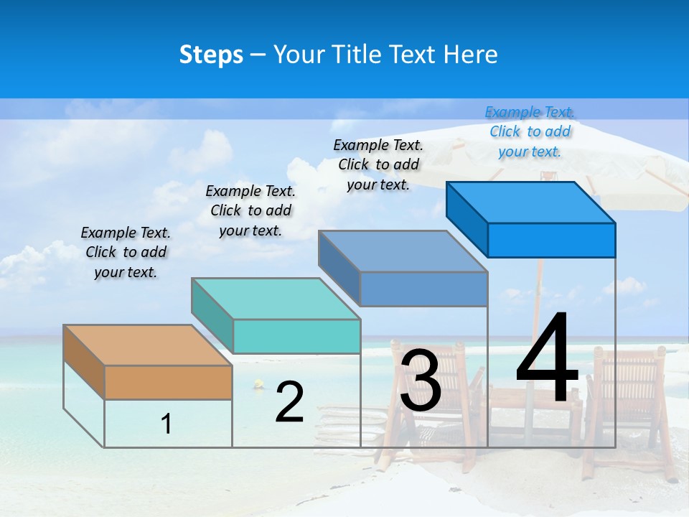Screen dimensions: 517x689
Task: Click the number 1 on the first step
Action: [x=167, y=424]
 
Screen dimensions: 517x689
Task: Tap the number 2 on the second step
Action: [x=289, y=402]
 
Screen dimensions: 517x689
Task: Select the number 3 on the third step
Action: [x=421, y=380]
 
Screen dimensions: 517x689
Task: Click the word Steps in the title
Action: [x=211, y=55]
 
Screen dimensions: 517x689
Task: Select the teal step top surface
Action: [x=276, y=299]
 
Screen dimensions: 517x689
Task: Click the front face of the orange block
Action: [x=168, y=382]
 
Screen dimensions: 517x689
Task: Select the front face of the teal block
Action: [x=296, y=336]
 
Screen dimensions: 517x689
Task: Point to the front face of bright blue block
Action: [x=551, y=240]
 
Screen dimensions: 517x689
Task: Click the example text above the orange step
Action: [x=126, y=253]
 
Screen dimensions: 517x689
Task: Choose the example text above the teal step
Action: [x=250, y=210]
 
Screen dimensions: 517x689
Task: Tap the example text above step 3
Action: [x=378, y=164]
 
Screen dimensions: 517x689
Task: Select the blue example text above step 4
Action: [x=530, y=131]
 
